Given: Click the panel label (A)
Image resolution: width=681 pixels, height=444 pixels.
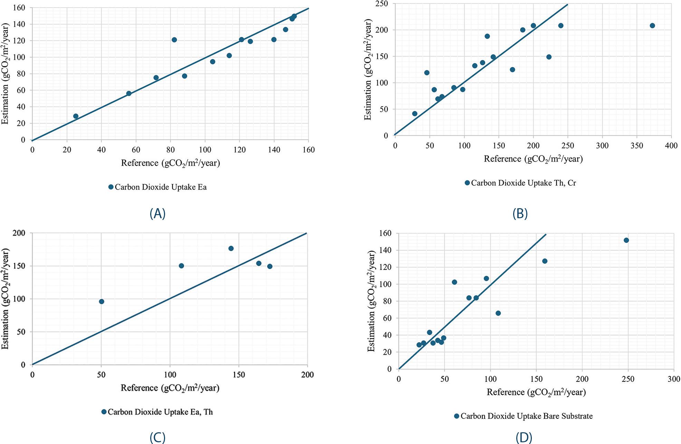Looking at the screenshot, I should click(157, 214).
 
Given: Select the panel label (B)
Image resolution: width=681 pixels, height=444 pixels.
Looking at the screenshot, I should click(520, 214).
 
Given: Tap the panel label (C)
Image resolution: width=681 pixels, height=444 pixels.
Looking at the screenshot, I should click(157, 438).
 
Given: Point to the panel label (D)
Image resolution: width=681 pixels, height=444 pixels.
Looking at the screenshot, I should click(524, 438).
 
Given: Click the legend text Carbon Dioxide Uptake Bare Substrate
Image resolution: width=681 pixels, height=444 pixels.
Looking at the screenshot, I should click(526, 416).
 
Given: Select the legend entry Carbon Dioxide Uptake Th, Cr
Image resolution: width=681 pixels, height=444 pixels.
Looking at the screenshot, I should click(523, 183).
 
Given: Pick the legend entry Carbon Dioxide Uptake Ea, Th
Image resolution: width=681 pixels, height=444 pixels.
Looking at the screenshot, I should click(160, 412).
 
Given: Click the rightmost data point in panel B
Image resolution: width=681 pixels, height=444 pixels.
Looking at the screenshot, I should click(652, 26).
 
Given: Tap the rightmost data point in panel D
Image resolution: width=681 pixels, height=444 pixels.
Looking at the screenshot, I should click(626, 240).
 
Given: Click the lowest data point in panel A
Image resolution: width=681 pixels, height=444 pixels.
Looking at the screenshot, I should click(76, 116).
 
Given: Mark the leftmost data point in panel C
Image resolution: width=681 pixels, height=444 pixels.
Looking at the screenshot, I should click(102, 301).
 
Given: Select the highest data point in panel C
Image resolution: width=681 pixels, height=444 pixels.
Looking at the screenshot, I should click(231, 248).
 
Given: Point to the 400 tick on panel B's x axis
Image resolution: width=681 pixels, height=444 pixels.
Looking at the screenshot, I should click(671, 146).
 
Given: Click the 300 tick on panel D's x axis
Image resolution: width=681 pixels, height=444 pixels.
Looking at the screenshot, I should click(673, 379).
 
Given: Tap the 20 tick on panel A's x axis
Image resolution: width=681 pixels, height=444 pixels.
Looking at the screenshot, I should click(67, 150).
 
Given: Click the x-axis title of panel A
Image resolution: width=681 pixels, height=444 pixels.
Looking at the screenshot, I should click(170, 163).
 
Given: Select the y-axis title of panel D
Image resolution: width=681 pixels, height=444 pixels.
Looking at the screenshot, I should click(371, 301).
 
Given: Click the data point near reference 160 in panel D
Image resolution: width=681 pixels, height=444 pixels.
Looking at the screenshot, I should click(545, 261).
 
